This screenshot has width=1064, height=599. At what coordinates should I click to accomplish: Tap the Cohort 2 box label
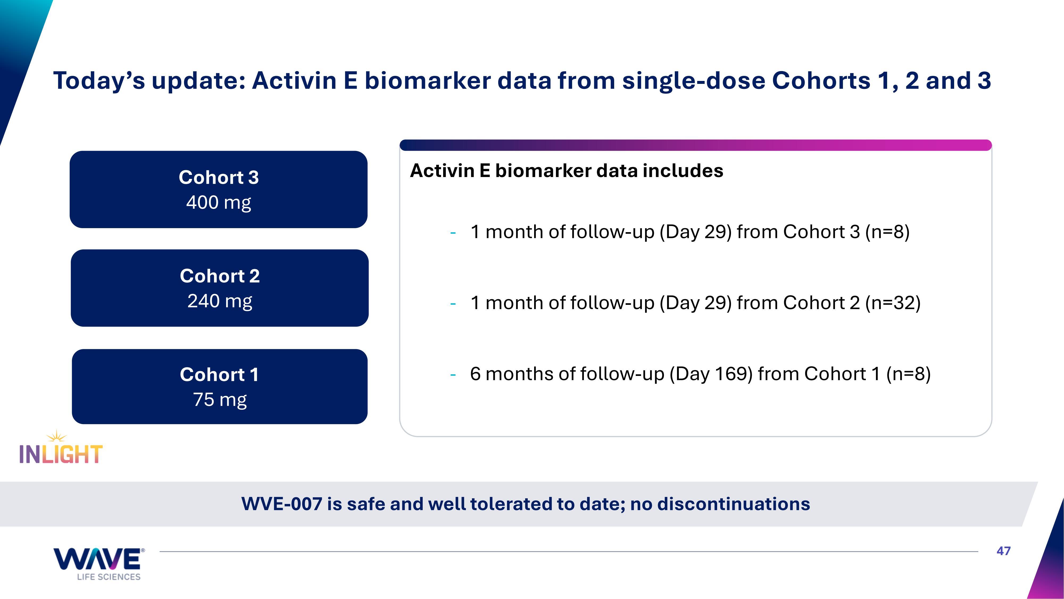pos(220,276)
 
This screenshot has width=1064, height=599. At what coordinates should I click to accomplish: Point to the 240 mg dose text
pos(220,301)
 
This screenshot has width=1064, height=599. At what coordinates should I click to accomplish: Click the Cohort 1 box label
pos(219,375)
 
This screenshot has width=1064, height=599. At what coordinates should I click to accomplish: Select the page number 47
pos(1004,551)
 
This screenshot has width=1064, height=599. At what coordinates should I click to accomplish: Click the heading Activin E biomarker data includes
pos(566,171)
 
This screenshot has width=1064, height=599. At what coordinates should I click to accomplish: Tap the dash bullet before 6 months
pos(453,375)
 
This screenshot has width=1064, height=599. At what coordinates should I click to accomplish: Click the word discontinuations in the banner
pos(734,504)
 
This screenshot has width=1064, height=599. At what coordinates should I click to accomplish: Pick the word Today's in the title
pos(99,81)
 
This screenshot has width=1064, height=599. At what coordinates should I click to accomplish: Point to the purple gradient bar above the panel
pos(696,145)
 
